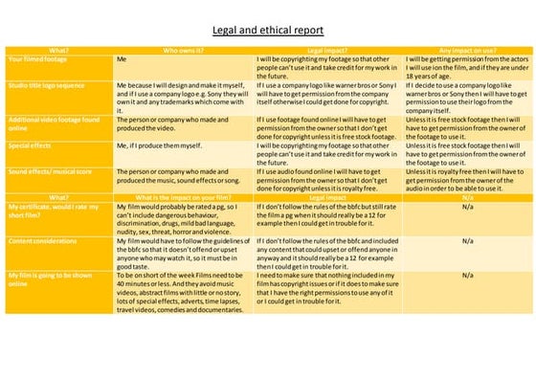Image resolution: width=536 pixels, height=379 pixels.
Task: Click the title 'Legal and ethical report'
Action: point(268,31)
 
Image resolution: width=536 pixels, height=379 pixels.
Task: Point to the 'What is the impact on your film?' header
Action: point(184,196)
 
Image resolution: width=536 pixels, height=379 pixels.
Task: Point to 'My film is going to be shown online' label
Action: point(48,279)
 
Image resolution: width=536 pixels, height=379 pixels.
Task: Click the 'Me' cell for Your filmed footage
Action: point(122,58)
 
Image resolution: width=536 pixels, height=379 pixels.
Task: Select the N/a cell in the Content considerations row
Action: point(467,242)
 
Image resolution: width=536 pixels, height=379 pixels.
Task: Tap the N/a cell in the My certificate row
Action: point(467,206)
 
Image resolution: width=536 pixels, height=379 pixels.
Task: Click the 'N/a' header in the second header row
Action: point(467,196)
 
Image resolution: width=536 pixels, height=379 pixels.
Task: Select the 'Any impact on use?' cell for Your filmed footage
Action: point(466,68)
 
